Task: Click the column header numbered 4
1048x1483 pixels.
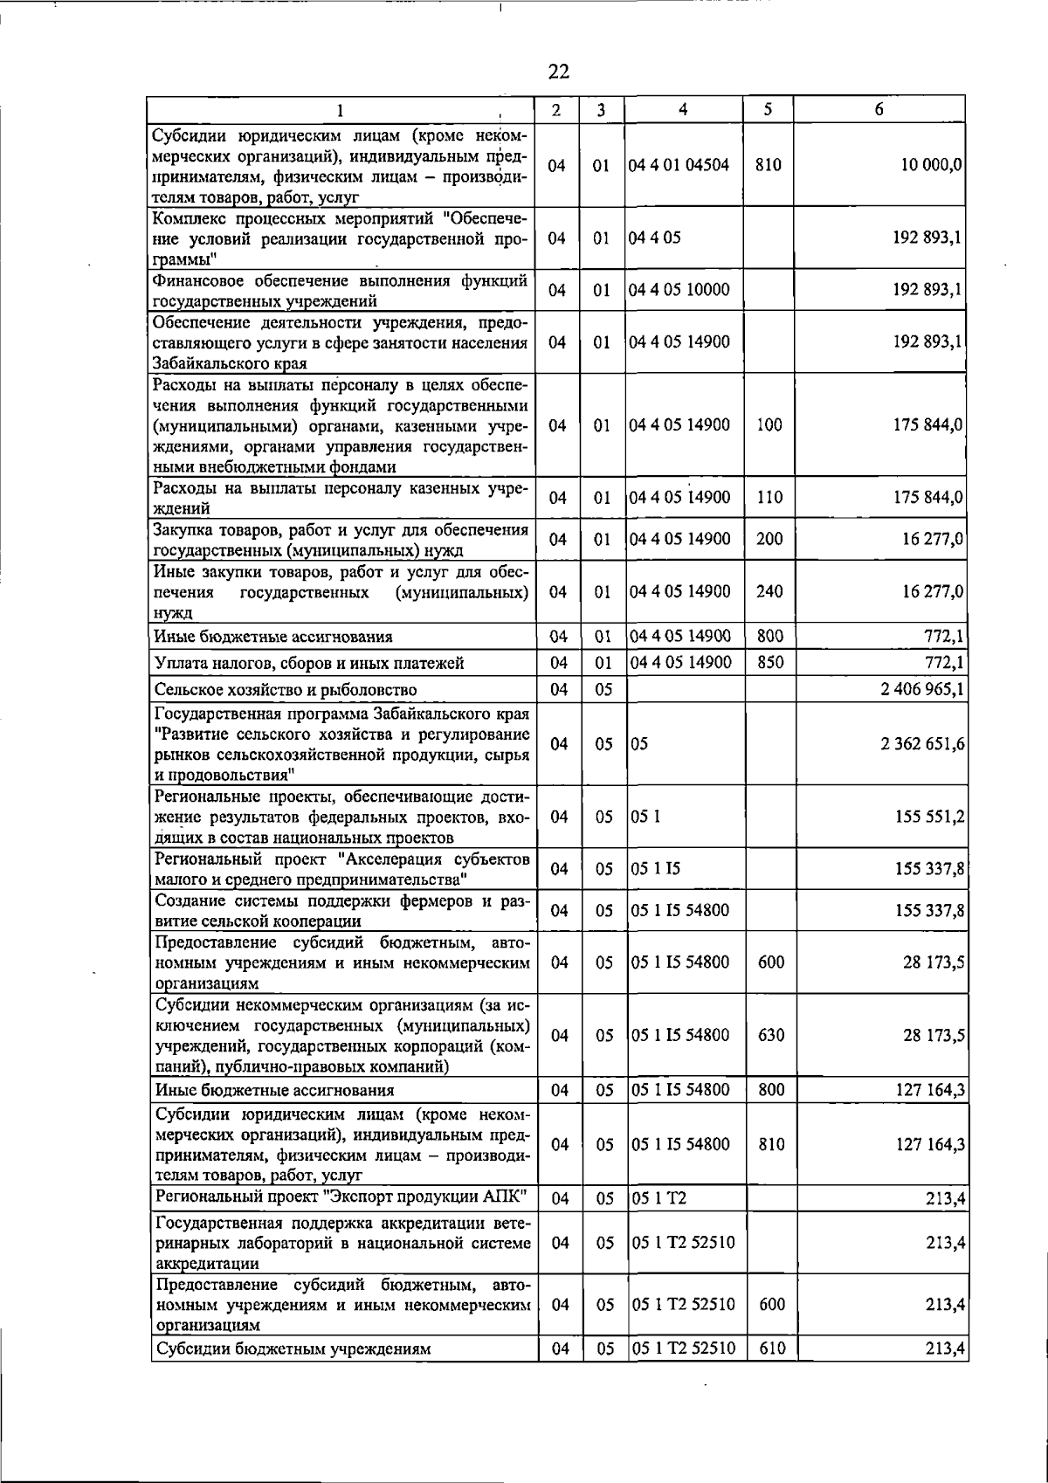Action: pyautogui.click(x=683, y=109)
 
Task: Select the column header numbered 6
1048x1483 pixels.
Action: pyautogui.click(x=879, y=109)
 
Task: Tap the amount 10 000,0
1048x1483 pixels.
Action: pyautogui.click(x=933, y=165)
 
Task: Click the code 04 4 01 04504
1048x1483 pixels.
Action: pyautogui.click(x=679, y=165)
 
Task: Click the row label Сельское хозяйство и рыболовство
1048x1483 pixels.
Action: pyautogui.click(x=286, y=690)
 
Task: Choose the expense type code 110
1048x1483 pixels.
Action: pyautogui.click(x=769, y=498)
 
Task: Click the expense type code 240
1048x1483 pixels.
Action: pyautogui.click(x=769, y=591)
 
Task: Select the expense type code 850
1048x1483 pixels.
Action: pyautogui.click(x=769, y=662)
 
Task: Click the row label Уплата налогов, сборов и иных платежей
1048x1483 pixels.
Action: pyautogui.click(x=308, y=663)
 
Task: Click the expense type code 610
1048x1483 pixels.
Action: pyautogui.click(x=771, y=1372)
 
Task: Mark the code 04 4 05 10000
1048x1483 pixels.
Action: pyautogui.click(x=679, y=290)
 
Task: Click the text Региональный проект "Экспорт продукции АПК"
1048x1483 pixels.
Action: pyautogui.click(x=341, y=1197)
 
